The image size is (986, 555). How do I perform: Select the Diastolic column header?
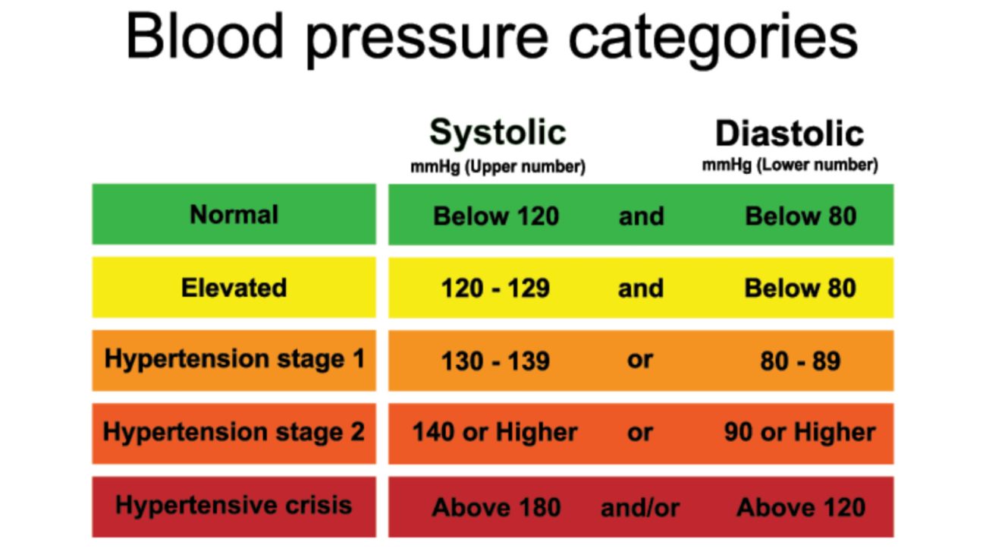[790, 133]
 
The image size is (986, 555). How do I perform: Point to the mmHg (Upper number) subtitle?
[498, 167]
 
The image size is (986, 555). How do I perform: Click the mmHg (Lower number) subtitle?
[790, 166]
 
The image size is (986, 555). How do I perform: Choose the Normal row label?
[234, 215]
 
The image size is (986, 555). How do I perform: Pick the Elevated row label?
[234, 288]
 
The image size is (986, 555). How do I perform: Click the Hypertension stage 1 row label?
[234, 359]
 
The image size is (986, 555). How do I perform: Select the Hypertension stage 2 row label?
[234, 433]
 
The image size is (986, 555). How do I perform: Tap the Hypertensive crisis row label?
[234, 505]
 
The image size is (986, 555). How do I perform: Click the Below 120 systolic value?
[496, 216]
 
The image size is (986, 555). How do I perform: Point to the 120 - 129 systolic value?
[495, 289]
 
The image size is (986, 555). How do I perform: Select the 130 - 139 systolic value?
[495, 361]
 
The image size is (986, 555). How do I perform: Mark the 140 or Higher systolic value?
[495, 432]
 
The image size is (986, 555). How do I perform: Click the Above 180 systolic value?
[496, 507]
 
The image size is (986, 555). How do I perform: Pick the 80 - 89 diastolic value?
[801, 361]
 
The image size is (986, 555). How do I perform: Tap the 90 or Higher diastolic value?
[800, 432]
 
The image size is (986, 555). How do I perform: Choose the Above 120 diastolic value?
[801, 507]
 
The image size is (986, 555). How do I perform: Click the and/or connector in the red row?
[640, 508]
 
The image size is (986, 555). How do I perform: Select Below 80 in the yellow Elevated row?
[800, 289]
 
